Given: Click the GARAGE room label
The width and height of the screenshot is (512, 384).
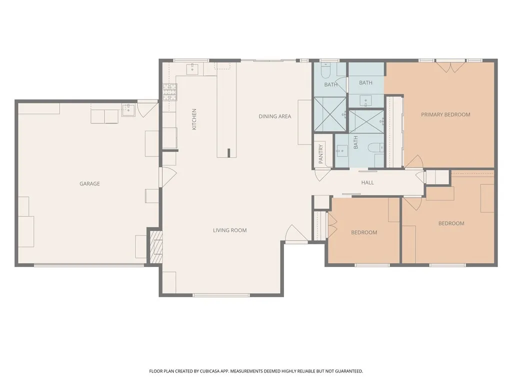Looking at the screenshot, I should [x=89, y=183].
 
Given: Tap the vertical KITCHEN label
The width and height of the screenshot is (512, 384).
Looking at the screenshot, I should [x=194, y=119].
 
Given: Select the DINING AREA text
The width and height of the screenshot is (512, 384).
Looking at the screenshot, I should [x=274, y=116].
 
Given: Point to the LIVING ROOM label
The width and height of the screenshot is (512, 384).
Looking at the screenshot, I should [x=229, y=230].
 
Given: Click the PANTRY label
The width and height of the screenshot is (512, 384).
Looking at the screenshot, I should [x=321, y=154].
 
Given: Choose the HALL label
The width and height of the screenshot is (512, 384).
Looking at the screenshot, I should [x=367, y=182].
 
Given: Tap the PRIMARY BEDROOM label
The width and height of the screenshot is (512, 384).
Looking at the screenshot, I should [x=445, y=114].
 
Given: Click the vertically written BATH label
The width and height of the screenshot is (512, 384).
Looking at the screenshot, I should [x=356, y=143].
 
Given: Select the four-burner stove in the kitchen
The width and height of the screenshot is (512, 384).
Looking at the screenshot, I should [x=169, y=91].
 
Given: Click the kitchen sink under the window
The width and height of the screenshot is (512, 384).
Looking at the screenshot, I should [x=192, y=68].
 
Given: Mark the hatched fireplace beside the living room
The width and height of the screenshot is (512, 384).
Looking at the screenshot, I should [x=157, y=246].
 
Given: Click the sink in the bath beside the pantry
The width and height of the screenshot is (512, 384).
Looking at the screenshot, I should [x=342, y=150].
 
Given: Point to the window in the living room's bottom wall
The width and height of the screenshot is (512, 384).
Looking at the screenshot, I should [x=221, y=295].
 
